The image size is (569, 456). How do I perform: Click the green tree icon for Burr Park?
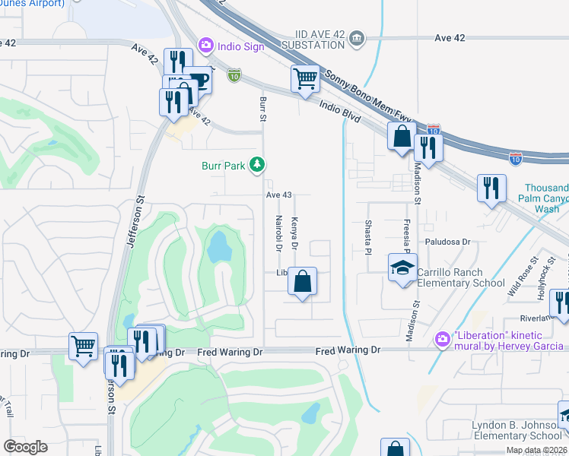(x=258, y=164)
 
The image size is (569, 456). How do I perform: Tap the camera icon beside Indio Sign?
(x=205, y=46)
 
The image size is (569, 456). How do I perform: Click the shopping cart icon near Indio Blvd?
(x=305, y=78)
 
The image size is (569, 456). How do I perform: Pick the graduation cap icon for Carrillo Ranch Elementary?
(x=402, y=268)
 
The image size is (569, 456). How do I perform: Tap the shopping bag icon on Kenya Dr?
(x=303, y=280)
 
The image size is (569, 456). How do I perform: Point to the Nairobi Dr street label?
(x=278, y=233)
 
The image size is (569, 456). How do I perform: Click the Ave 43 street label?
(x=279, y=195)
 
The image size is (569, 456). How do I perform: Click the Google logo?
(x=25, y=447)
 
